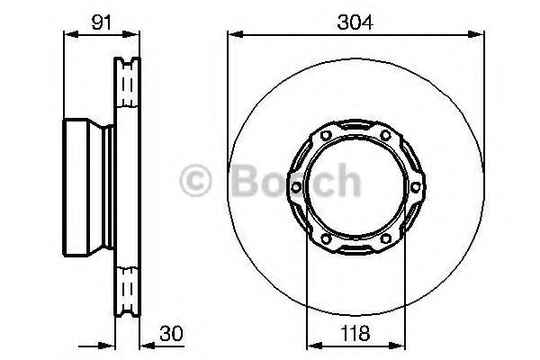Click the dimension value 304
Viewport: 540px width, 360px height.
click(x=355, y=22)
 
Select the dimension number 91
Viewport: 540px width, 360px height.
click(x=102, y=22)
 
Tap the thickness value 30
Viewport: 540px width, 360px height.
click(x=172, y=334)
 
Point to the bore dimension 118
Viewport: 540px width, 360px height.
click(x=355, y=334)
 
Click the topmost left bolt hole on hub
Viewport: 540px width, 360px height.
click(x=326, y=135)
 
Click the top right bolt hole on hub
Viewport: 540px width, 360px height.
click(x=386, y=135)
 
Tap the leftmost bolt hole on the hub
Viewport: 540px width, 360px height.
click(x=296, y=187)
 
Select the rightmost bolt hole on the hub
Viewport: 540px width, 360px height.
click(x=416, y=187)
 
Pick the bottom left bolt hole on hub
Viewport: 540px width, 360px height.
click(x=326, y=238)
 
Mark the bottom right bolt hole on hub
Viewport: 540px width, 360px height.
click(x=386, y=238)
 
